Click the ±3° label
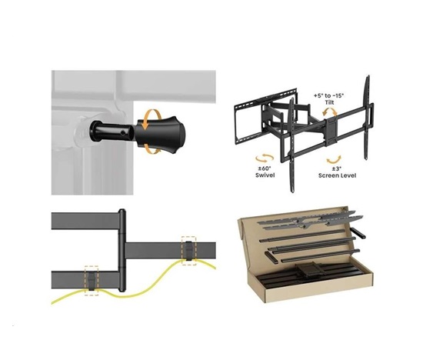coord(336,167)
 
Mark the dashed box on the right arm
coord(189,248)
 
